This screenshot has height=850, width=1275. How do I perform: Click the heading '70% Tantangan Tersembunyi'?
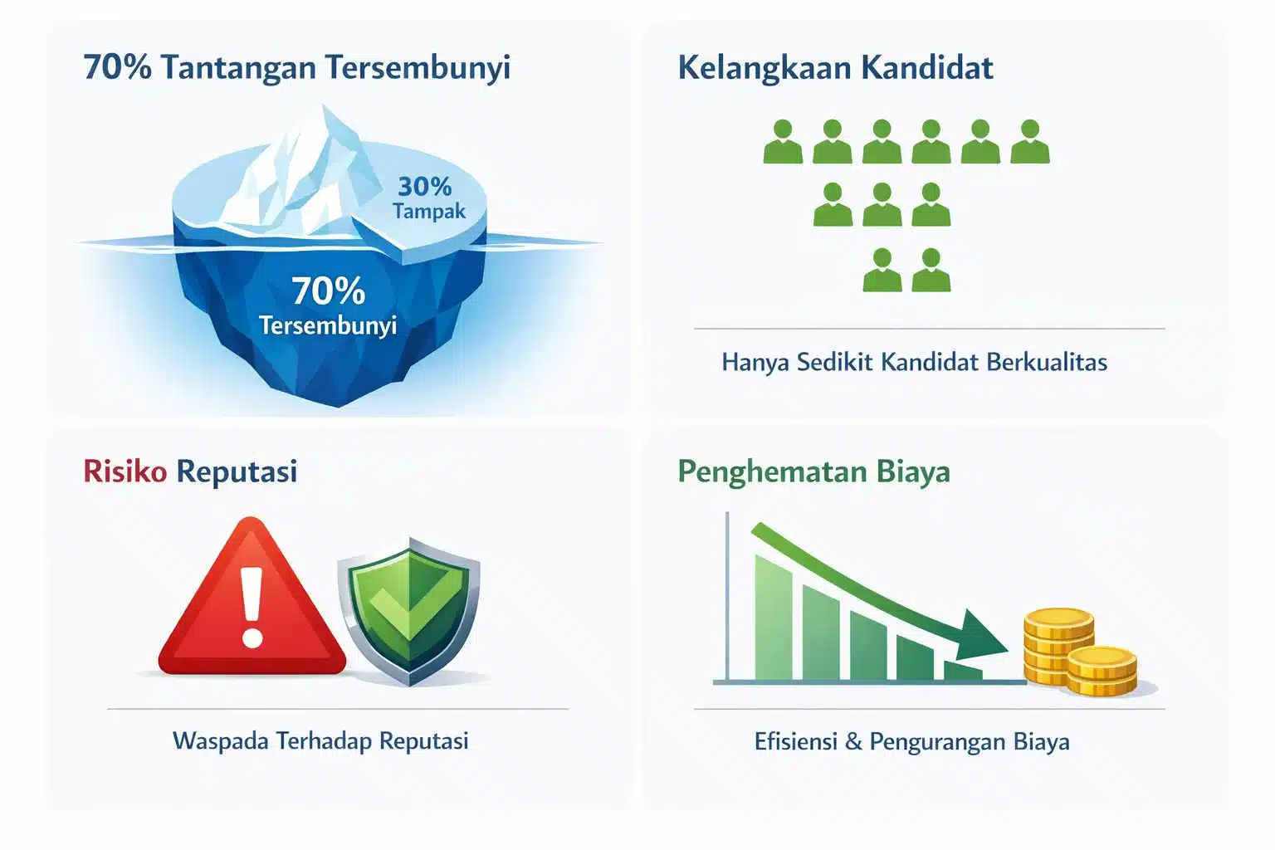click(296, 68)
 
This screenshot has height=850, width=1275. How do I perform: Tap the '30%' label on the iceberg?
click(425, 186)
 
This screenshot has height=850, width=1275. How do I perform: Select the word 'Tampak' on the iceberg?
click(429, 212)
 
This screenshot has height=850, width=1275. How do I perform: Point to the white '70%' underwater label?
click(329, 291)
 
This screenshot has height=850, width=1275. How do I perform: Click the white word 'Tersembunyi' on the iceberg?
click(328, 325)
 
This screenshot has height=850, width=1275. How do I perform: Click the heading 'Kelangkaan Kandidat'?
click(835, 68)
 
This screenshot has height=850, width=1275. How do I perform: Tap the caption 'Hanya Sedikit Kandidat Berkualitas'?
click(914, 362)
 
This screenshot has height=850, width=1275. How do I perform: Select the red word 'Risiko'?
click(125, 471)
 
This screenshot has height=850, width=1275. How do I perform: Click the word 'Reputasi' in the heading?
click(237, 472)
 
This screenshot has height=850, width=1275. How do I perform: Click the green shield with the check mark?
click(409, 612)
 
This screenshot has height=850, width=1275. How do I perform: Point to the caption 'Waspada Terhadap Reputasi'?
click(320, 741)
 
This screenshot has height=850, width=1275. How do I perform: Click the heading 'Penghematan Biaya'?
click(813, 472)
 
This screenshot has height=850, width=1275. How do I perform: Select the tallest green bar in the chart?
click(773, 617)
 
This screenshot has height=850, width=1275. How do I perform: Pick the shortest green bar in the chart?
click(963, 671)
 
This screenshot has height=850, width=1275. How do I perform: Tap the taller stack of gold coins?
click(1058, 647)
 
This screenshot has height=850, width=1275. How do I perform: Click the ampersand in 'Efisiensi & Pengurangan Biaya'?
click(853, 742)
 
